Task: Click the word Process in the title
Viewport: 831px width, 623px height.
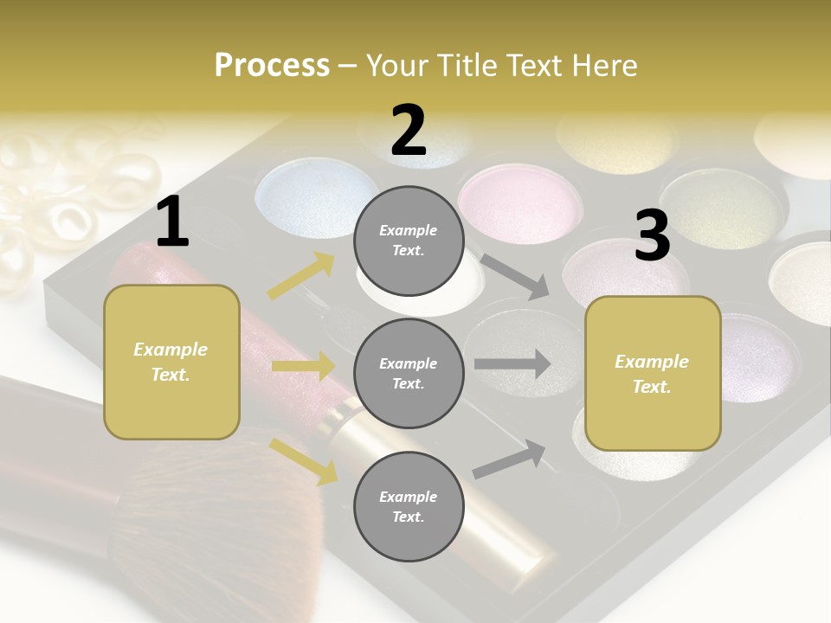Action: [x=272, y=65]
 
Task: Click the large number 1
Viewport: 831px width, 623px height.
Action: [x=172, y=222]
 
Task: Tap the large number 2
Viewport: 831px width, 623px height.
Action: [x=409, y=131]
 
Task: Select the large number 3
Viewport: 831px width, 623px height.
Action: [x=652, y=236]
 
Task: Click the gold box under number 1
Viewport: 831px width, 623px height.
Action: [x=171, y=362]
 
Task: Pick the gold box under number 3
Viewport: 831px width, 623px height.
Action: [x=653, y=374]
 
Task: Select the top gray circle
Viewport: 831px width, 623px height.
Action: [x=409, y=241]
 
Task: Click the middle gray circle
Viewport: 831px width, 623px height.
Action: [x=409, y=374]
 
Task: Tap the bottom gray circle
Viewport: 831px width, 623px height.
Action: [x=409, y=507]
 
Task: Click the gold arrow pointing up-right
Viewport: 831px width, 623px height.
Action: [x=301, y=276]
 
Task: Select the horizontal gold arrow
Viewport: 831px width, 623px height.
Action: [x=302, y=367]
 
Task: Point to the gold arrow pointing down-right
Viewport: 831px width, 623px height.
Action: [x=304, y=460]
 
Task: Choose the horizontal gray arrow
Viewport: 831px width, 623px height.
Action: [x=512, y=363]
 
